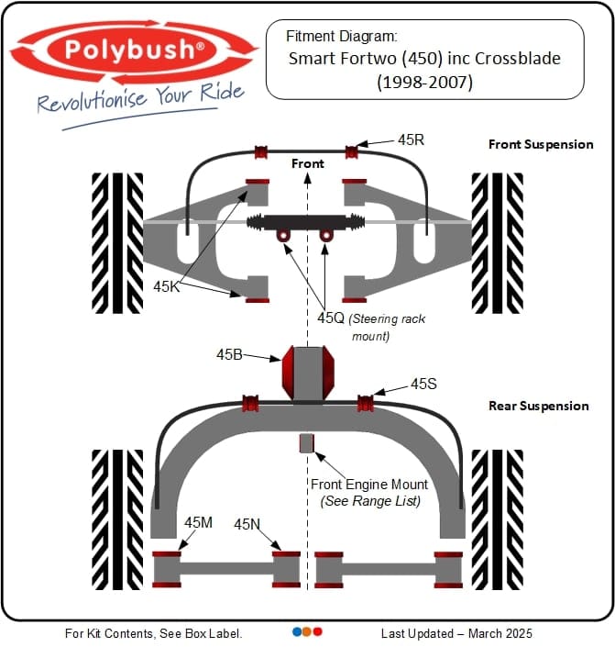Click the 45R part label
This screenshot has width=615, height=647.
[412, 140]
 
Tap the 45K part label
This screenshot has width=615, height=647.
[167, 286]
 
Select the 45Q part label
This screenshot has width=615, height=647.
[330, 318]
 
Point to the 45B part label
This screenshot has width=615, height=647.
[230, 354]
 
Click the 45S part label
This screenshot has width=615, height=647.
[423, 385]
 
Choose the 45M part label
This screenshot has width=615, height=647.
[198, 522]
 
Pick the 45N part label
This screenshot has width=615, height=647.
[247, 524]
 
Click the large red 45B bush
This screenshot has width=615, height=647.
[307, 371]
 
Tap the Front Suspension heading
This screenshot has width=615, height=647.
[541, 144]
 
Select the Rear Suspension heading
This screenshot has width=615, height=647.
[539, 406]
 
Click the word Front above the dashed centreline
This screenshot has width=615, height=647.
[308, 163]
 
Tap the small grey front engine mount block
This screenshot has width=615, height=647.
[307, 443]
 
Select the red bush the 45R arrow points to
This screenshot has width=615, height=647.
[351, 151]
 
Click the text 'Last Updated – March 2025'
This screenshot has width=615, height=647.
[456, 633]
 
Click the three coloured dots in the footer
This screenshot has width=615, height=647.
[307, 632]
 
